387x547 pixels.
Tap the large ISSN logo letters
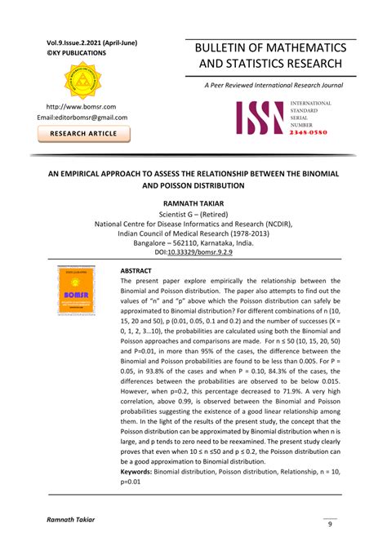[260, 118]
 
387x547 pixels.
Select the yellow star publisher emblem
[82, 80]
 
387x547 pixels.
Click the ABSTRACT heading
[137, 270]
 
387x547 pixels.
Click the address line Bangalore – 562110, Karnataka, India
[193, 242]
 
